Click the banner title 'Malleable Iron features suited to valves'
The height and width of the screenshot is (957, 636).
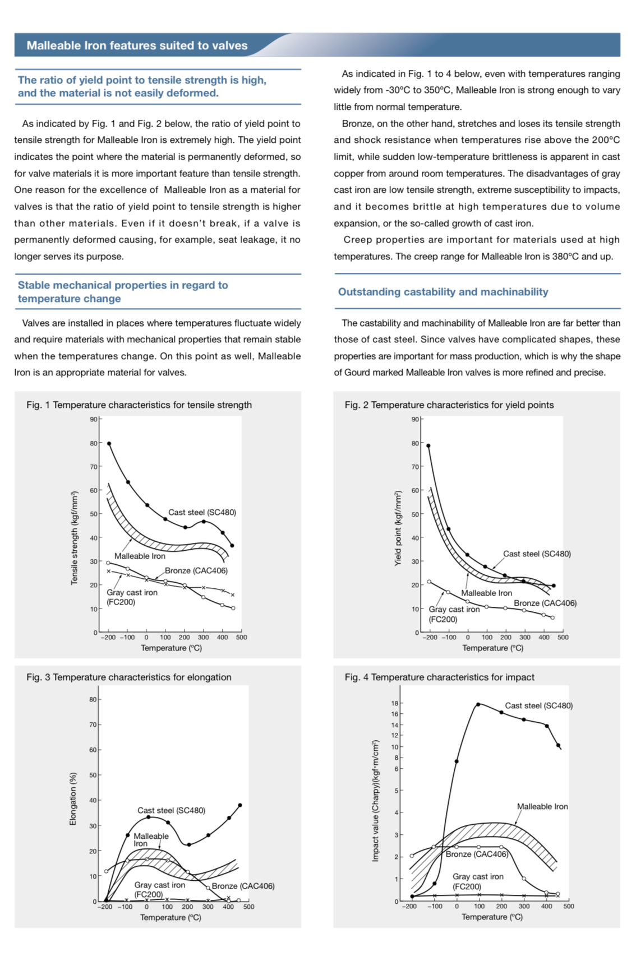click(x=137, y=45)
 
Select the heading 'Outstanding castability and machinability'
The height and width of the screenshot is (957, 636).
click(x=443, y=291)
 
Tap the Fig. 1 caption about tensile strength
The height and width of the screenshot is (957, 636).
click(x=139, y=405)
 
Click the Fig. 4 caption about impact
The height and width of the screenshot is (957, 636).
click(x=439, y=677)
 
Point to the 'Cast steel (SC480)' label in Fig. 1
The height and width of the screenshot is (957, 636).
click(x=202, y=512)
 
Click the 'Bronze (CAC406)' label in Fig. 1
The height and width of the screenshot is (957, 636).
click(x=196, y=570)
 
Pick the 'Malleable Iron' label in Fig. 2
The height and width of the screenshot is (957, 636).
click(x=486, y=593)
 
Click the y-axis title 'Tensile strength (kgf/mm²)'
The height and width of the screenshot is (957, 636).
click(x=74, y=538)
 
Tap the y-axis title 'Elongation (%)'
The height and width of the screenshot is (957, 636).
click(x=73, y=798)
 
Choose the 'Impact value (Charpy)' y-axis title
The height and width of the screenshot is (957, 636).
click(x=376, y=801)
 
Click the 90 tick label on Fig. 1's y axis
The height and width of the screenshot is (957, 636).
click(x=93, y=419)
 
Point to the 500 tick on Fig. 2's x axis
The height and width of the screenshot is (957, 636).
click(x=563, y=637)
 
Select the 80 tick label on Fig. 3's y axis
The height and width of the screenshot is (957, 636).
click(x=93, y=699)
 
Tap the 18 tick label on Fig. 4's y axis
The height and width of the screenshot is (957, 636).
click(x=395, y=703)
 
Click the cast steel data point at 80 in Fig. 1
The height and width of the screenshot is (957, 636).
click(x=109, y=443)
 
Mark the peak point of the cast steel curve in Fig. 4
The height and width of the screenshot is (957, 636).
click(x=478, y=704)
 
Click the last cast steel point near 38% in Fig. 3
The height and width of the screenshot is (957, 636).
click(x=240, y=805)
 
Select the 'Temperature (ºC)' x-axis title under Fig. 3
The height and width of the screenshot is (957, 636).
click(x=170, y=917)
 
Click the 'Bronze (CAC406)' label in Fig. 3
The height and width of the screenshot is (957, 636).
click(x=243, y=886)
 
